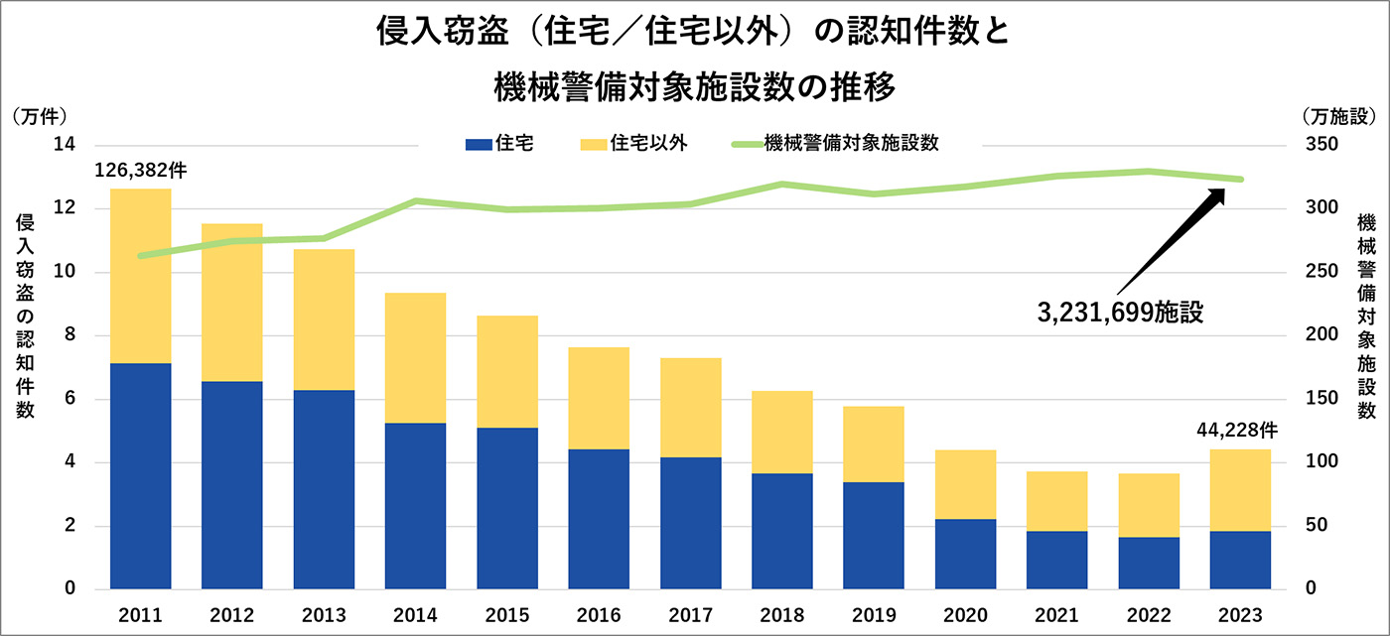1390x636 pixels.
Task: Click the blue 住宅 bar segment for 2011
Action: (141, 476)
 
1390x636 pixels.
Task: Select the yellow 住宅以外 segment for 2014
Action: (416, 357)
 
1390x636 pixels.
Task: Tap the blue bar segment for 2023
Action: (1240, 560)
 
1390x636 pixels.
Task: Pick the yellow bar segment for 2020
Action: (966, 484)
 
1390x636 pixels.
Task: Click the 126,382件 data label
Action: (140, 171)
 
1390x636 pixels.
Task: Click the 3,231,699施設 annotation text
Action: (1119, 313)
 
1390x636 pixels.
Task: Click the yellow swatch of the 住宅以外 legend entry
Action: (591, 145)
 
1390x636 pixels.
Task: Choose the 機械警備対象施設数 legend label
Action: (852, 143)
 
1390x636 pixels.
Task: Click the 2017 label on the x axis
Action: (691, 615)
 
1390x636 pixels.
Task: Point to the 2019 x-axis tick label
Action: (874, 615)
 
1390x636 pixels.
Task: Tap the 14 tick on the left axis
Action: (66, 145)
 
